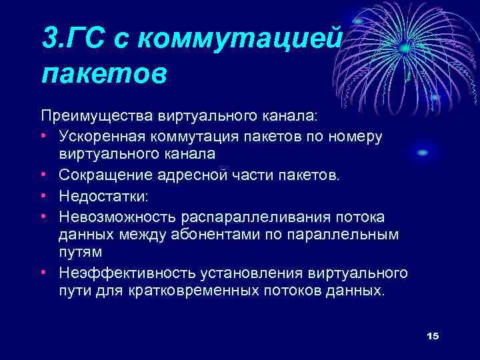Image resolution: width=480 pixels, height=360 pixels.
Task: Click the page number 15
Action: pyautogui.click(x=433, y=335)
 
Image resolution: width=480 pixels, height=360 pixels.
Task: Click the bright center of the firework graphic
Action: pyautogui.click(x=404, y=48)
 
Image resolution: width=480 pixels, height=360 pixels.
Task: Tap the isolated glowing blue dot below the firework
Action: pyautogui.click(x=422, y=153)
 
